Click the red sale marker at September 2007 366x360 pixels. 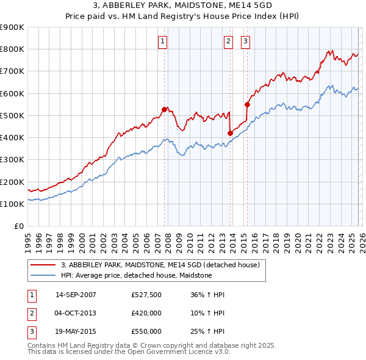(x=164, y=109)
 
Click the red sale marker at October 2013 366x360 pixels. (x=230, y=133)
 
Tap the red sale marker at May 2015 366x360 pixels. (x=247, y=104)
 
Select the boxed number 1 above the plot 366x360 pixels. (x=163, y=41)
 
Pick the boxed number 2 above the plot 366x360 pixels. (x=228, y=41)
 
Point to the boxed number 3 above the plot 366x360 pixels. (x=245, y=41)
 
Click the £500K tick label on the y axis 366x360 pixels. (x=12, y=115)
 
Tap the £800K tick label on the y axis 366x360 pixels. (x=12, y=49)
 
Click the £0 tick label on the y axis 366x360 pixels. (x=18, y=226)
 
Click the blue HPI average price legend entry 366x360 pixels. (x=136, y=275)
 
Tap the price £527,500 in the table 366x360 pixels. (x=146, y=295)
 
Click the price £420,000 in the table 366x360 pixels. (x=146, y=313)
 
